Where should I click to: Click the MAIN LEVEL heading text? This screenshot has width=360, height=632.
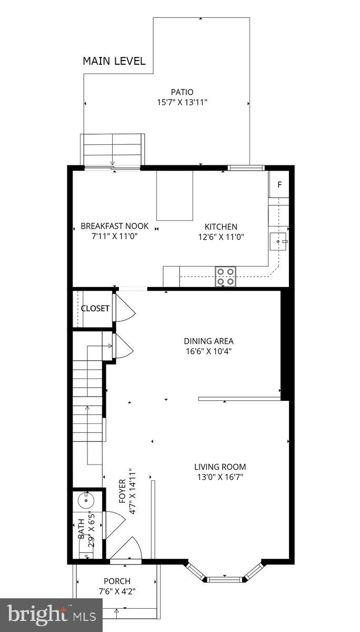114,61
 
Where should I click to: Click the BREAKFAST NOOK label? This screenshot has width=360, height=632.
115,226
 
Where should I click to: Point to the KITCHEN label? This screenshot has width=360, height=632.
221,226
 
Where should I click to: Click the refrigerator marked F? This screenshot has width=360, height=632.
279,184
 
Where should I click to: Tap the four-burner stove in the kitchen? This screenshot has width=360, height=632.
226,276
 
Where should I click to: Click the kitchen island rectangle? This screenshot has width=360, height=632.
175,195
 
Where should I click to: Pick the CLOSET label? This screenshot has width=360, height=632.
95,309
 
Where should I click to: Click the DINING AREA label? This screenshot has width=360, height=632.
208,341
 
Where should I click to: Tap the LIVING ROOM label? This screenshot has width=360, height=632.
220,467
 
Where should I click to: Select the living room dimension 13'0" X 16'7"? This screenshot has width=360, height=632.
220,477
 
